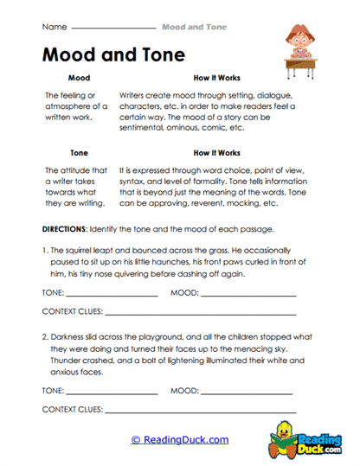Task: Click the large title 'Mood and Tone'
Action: coord(113,55)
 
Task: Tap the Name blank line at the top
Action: coord(112,29)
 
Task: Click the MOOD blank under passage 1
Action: coord(247,295)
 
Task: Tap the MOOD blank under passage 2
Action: coord(247,392)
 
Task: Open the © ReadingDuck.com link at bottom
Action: coord(179,440)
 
